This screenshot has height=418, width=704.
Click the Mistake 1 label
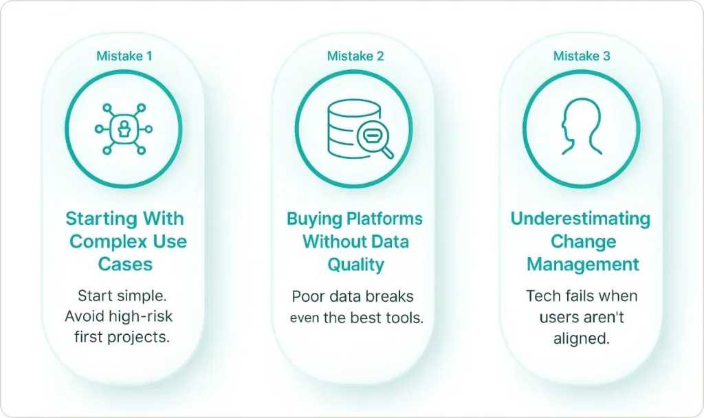[x=124, y=56]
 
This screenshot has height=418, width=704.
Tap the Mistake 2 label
[x=355, y=56]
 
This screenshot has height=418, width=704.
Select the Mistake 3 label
[x=582, y=56]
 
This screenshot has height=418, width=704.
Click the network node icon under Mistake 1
[x=124, y=129]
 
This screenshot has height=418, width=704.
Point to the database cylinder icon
[x=354, y=128]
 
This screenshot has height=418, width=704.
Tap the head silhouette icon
[x=582, y=127]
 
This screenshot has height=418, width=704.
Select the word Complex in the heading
[x=106, y=242]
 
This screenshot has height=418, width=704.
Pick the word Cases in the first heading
[x=125, y=264]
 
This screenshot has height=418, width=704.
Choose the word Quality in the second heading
[x=355, y=265]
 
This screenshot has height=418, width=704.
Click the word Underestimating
[x=580, y=219]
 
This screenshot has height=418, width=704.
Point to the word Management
[x=583, y=264]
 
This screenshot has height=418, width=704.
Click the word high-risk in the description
[x=144, y=316]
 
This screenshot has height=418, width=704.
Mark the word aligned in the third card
[x=582, y=338]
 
